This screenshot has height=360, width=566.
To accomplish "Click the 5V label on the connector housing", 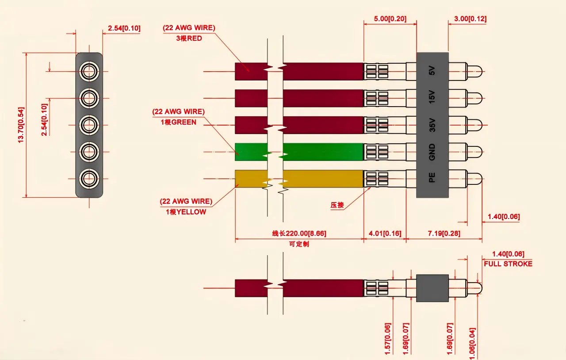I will pos(432,71).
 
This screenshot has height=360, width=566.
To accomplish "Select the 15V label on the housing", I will pos(432,97).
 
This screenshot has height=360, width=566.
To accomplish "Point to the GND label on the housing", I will pos(432,152).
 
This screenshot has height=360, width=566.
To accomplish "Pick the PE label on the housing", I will pos(432,178).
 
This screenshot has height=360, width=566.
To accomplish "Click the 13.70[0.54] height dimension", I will pos(20,125).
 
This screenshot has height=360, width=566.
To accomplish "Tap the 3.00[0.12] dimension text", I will pos(470,19).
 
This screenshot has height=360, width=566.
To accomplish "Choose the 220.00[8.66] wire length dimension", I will pos(299,234).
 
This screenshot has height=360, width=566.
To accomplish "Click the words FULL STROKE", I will pos(508,264).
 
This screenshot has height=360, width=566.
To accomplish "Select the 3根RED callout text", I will pos(189,38).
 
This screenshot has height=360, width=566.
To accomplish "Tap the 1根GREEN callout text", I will pos(178,122).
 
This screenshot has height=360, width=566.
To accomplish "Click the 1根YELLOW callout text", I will pos(186,212).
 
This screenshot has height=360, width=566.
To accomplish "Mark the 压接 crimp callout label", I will pos(337,205).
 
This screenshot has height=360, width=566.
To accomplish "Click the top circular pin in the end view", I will pos(89,71).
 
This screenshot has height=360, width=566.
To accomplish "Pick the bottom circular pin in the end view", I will pos(89,179).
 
